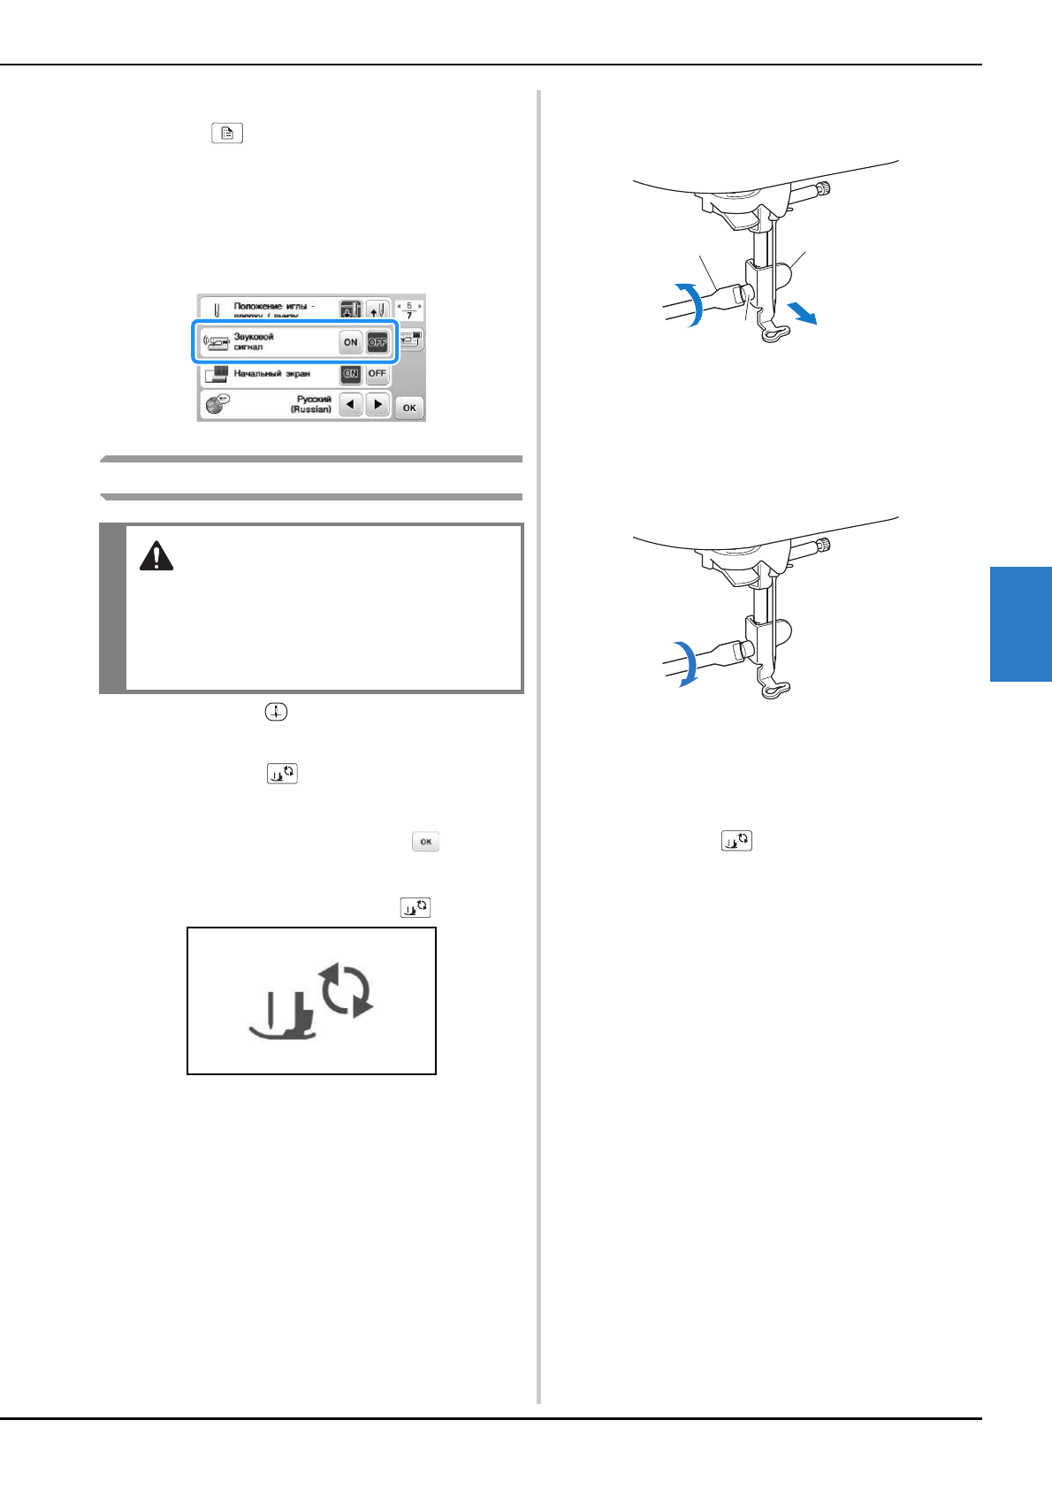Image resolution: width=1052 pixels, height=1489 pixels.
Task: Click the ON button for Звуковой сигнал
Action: pyautogui.click(x=351, y=342)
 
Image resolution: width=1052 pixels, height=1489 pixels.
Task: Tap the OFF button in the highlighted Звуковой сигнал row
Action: pyautogui.click(x=377, y=342)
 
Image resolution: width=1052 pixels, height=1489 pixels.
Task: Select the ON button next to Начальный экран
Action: pyautogui.click(x=351, y=373)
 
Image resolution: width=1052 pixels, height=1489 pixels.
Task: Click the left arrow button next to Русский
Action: pyautogui.click(x=352, y=405)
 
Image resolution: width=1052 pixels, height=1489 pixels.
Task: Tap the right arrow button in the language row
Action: pyautogui.click(x=377, y=405)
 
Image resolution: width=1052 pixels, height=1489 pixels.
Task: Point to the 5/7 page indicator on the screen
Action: pyautogui.click(x=408, y=310)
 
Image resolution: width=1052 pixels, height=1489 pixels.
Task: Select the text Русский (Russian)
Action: pyautogui.click(x=311, y=404)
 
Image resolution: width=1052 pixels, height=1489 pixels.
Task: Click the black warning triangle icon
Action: pyautogui.click(x=156, y=556)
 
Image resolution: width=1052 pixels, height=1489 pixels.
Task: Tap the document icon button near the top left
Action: pyautogui.click(x=227, y=134)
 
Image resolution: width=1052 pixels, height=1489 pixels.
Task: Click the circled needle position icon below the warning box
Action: pyautogui.click(x=276, y=712)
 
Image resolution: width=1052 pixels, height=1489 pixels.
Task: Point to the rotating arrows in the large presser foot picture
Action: pyautogui.click(x=347, y=989)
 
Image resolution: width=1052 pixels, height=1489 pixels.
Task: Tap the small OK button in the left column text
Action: pyautogui.click(x=425, y=842)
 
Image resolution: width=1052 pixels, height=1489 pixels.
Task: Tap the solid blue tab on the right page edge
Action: pyautogui.click(x=1020, y=624)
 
